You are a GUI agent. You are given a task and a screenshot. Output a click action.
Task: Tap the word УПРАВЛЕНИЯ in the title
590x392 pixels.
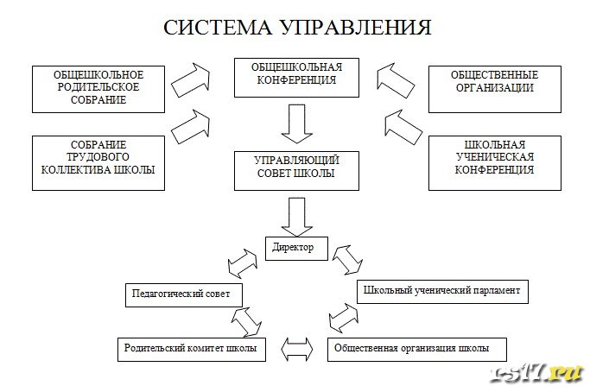[x=355, y=28]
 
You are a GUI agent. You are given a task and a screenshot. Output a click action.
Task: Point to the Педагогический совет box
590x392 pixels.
[x=182, y=294]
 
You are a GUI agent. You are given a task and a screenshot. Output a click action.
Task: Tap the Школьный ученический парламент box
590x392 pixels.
[x=441, y=292]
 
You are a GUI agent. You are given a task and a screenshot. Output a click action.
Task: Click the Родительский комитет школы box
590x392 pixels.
[x=191, y=348]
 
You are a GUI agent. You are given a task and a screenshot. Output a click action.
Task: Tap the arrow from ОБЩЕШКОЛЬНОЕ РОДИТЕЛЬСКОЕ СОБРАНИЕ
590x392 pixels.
[x=191, y=80]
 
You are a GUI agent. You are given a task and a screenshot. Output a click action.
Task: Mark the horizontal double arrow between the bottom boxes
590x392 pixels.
[x=296, y=349]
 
